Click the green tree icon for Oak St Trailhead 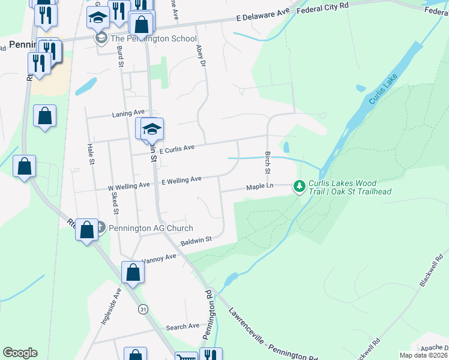click(x=299, y=187)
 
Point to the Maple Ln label click(x=260, y=188)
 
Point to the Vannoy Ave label click(x=159, y=259)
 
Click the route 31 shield click(x=142, y=309)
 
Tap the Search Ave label click(x=182, y=326)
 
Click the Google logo click(x=20, y=353)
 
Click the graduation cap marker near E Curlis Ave click(x=152, y=130)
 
